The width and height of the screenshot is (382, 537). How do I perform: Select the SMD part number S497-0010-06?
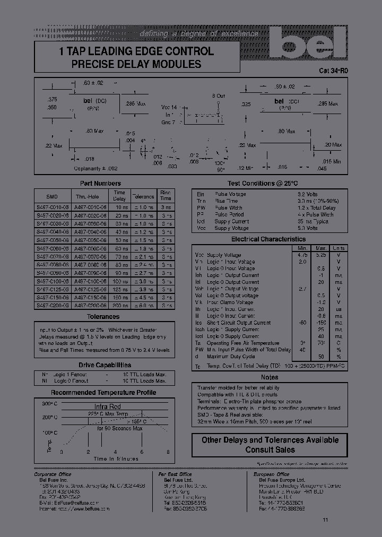click(x=50, y=207)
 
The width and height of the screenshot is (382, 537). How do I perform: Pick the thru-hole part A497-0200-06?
click(x=92, y=306)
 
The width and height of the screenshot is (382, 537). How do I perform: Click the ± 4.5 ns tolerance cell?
click(x=142, y=298)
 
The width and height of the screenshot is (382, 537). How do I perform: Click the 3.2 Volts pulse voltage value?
click(x=307, y=195)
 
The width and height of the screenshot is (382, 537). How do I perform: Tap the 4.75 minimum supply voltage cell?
click(x=303, y=255)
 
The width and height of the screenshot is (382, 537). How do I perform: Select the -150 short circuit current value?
click(x=320, y=323)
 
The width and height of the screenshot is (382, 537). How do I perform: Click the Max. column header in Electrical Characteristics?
click(x=320, y=248)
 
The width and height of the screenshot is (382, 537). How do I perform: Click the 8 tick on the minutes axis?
click(x=168, y=452)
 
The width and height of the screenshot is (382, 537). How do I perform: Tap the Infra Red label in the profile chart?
click(x=108, y=407)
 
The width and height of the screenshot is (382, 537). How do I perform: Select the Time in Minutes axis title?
click(x=115, y=458)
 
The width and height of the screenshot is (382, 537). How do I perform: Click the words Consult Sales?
click(x=270, y=450)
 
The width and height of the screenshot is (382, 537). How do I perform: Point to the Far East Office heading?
click(x=175, y=474)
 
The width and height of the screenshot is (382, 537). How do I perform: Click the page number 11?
click(x=325, y=519)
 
